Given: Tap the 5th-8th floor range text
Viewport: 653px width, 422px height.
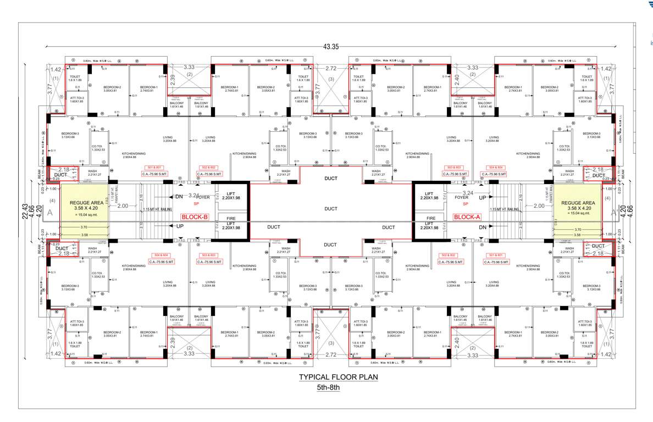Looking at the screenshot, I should coord(329,387).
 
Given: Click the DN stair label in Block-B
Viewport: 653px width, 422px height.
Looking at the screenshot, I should coord(179,197).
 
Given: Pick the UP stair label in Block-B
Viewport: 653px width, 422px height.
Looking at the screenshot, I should coord(179,226).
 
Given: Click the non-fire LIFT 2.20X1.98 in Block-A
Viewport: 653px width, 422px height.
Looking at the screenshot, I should coord(429,195).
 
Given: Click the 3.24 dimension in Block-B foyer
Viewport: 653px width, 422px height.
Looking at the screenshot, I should coord(193,195).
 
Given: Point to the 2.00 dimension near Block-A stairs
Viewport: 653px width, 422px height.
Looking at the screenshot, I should coord(539,206).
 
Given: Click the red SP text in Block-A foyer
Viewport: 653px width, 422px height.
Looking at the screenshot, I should coord(465,204).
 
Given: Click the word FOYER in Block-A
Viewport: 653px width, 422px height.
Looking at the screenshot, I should coord(462,197).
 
